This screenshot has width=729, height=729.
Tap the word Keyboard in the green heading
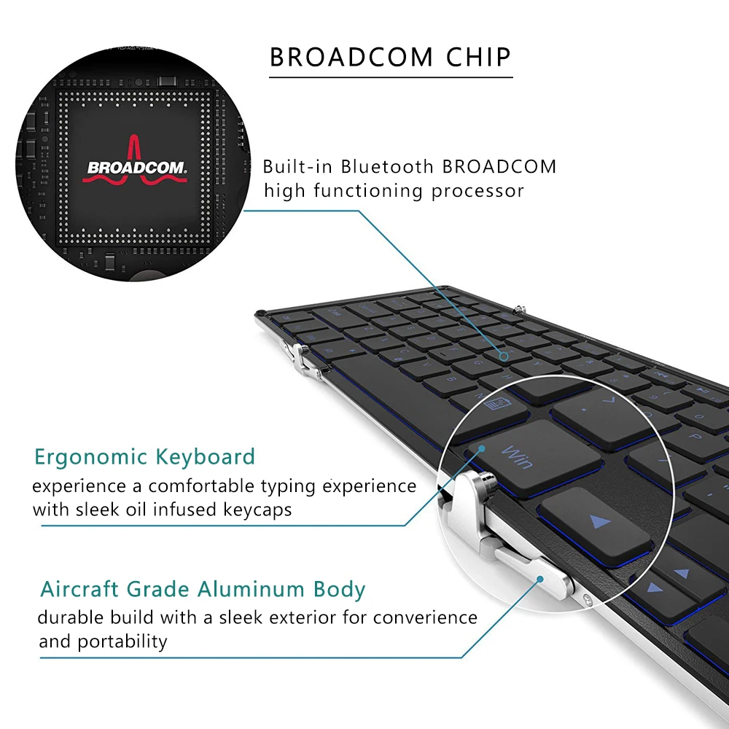click(206, 457)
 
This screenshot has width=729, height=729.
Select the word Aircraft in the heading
click(80, 589)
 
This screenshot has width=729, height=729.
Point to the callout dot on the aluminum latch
click(540, 580)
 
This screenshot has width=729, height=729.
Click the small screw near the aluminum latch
click(588, 600)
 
